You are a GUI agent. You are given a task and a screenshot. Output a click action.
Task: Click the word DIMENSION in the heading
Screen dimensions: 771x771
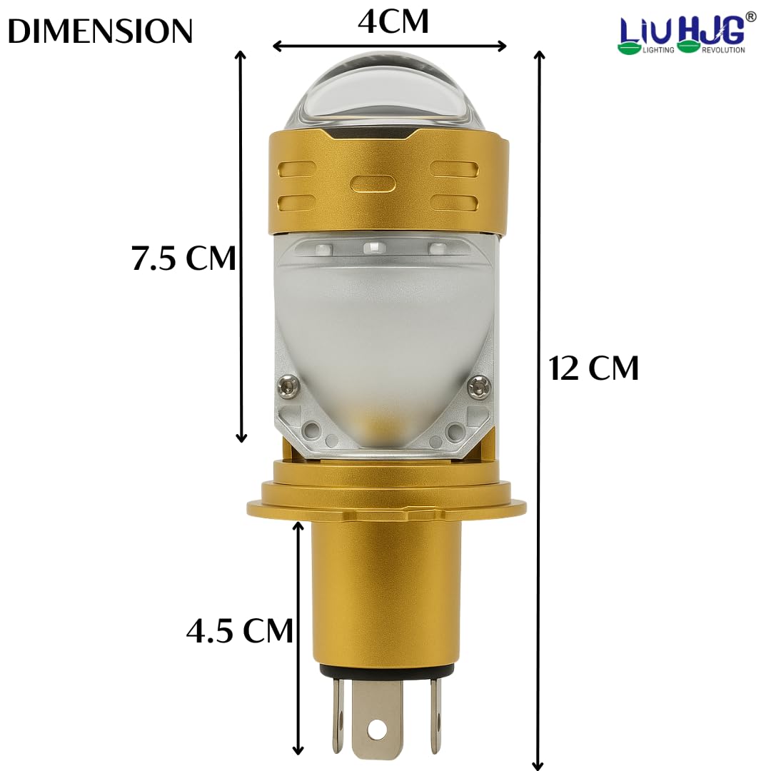pyautogui.click(x=100, y=31)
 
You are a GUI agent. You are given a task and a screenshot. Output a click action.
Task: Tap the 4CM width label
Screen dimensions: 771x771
pyautogui.click(x=393, y=21)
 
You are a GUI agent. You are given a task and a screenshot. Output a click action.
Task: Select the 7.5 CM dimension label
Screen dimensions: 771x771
pyautogui.click(x=183, y=258)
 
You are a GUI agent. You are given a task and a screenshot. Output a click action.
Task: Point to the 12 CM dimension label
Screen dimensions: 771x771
pyautogui.click(x=594, y=368)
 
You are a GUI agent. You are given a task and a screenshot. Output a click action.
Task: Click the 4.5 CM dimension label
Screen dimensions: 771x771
pyautogui.click(x=239, y=630)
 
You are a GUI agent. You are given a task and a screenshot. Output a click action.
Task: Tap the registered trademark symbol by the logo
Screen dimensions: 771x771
pyautogui.click(x=750, y=16)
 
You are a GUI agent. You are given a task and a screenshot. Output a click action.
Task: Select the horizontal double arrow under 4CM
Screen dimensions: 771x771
pyautogui.click(x=389, y=46)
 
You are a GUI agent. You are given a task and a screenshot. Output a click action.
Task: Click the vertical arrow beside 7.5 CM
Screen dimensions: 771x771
pyautogui.click(x=241, y=246)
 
